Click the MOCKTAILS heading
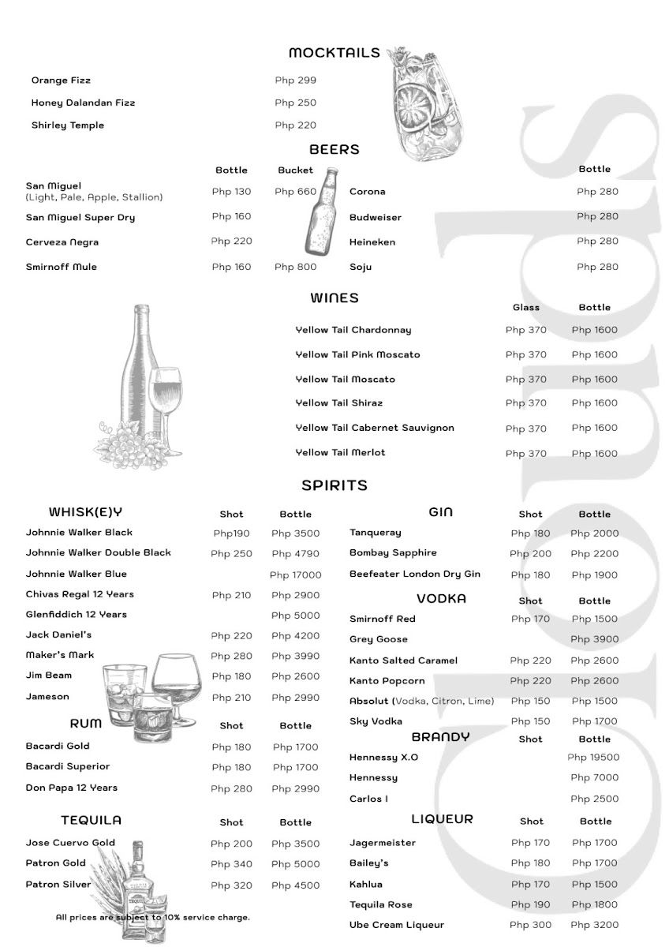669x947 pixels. coord(334,53)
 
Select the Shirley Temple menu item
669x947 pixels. coord(68,125)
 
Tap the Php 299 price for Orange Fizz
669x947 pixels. coord(295,80)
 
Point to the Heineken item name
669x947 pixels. coord(372,242)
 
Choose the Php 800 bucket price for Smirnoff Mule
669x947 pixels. coord(295,267)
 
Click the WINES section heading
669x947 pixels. coord(334,298)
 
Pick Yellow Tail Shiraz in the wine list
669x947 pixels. coord(339,403)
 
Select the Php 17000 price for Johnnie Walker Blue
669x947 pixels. coord(295,575)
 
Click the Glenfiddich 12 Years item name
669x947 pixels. coord(77,615)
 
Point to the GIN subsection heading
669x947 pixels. coord(440,512)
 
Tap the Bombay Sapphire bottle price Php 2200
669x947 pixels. coord(595,554)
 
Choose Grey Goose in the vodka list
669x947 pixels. coord(379,639)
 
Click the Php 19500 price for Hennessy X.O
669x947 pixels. coord(593,758)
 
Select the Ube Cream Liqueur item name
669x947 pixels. coord(397,925)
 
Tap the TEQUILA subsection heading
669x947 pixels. coord(92,821)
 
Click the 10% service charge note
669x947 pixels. coord(153,917)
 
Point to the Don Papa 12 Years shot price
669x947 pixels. coord(231,789)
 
